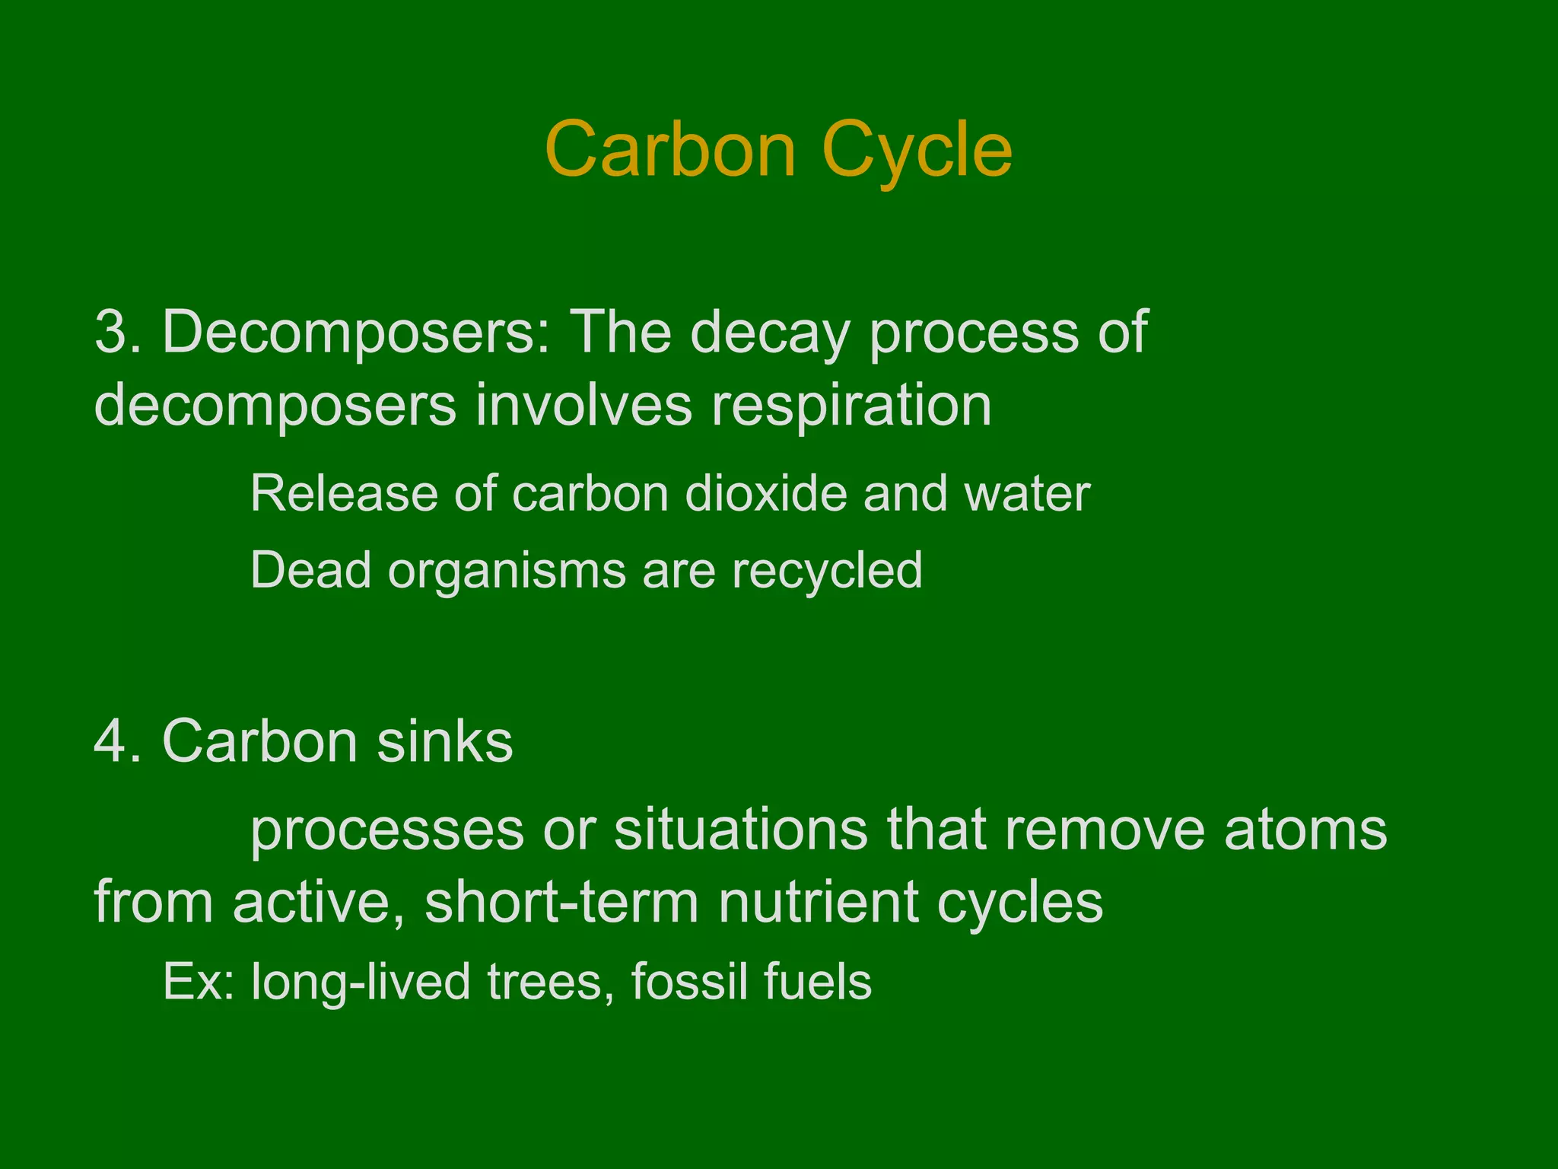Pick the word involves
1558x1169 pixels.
(583, 405)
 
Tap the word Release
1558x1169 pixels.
(343, 494)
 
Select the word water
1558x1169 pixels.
(1027, 494)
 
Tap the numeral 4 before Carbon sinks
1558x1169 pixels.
(110, 741)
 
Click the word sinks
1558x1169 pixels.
(445, 741)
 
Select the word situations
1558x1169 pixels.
(740, 830)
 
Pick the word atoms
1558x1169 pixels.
(1305, 830)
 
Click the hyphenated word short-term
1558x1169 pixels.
(561, 903)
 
